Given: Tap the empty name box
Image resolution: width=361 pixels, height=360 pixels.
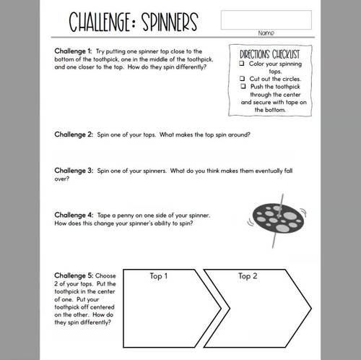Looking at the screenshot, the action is tap(265, 20).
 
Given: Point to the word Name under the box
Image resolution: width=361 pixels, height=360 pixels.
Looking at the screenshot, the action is tap(265, 33).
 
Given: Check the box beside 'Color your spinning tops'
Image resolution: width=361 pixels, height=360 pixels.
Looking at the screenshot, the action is tap(242, 64).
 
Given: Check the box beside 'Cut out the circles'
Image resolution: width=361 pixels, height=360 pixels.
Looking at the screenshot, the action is tap(242, 79).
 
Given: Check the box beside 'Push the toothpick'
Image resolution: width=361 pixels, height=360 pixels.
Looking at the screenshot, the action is tap(242, 87).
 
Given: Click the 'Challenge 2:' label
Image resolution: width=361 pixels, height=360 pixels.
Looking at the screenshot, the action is tap(74, 134).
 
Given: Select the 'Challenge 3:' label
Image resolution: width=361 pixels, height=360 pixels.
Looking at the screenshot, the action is tap(74, 171).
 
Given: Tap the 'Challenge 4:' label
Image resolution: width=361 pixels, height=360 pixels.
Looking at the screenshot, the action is tap(74, 215).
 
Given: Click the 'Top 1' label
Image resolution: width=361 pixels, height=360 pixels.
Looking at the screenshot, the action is tap(158, 276).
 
